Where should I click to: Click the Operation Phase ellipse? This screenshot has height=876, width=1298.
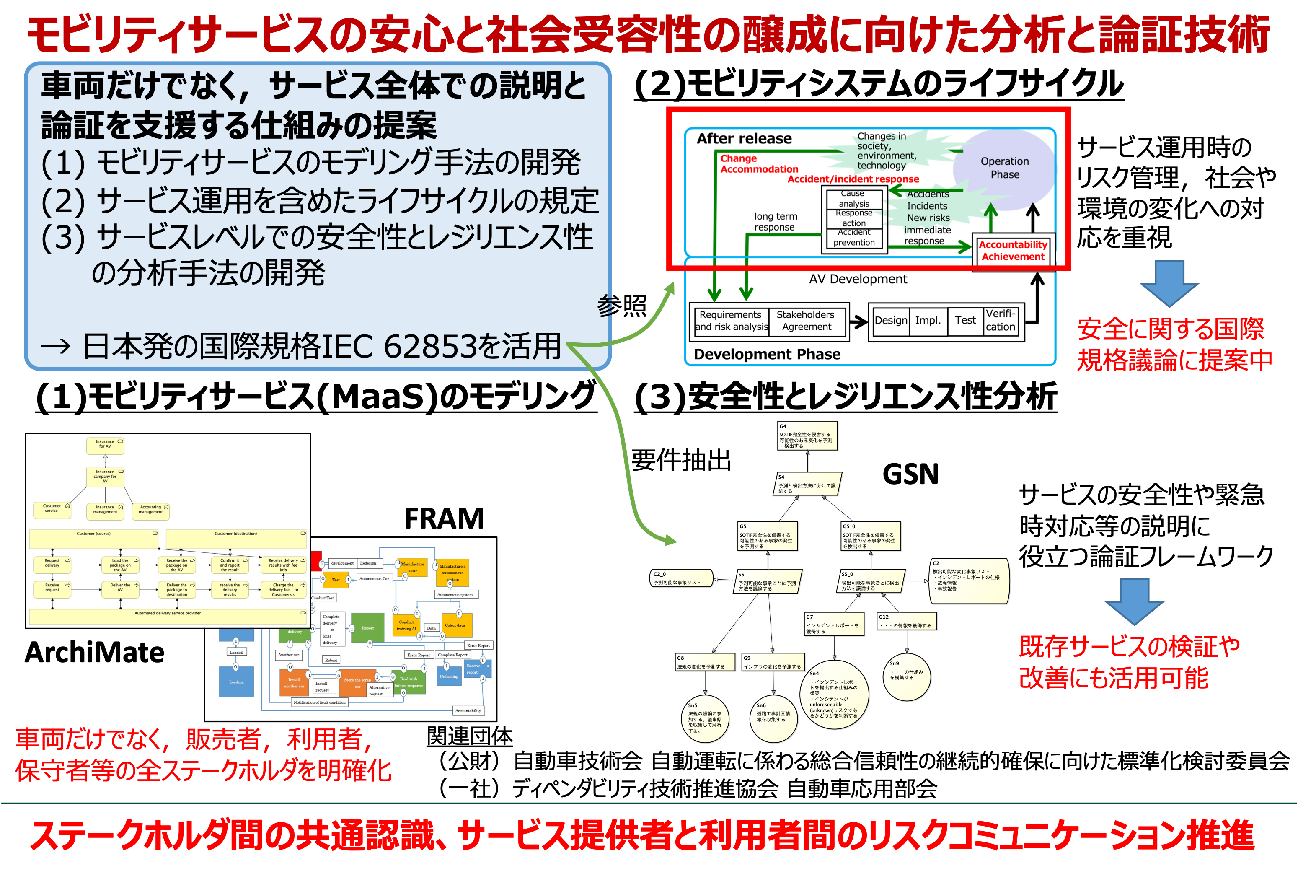(x=1004, y=168)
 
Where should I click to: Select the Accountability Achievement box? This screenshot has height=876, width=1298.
(x=1013, y=251)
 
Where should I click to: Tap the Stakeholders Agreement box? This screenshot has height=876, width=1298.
(x=806, y=321)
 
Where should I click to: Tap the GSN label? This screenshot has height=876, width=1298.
(x=910, y=474)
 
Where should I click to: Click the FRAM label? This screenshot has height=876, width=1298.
(x=444, y=518)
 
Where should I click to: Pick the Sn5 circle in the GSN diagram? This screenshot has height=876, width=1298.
(x=705, y=718)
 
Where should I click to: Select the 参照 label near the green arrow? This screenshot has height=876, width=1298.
(x=622, y=306)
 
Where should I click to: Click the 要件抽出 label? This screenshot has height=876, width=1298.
(x=681, y=460)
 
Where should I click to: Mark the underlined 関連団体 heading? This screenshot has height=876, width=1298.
(x=469, y=736)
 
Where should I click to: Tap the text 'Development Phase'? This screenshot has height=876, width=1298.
(x=767, y=354)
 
